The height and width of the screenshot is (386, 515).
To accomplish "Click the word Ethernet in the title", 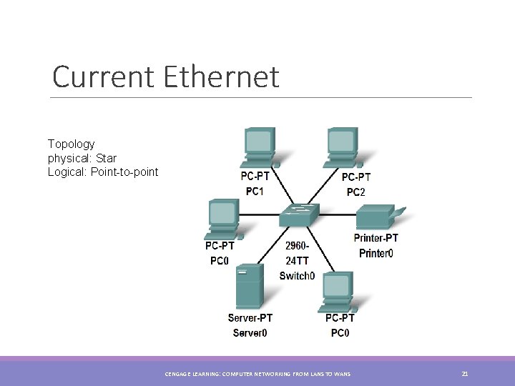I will (221, 77).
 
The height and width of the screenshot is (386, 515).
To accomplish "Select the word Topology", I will (71, 144).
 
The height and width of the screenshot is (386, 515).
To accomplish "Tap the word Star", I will (105, 158).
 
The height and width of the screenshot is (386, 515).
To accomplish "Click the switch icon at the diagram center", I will (299, 213).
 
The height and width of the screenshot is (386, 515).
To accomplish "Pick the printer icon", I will (379, 216).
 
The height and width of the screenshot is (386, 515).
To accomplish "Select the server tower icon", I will (250, 286).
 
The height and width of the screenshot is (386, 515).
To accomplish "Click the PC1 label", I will (255, 191).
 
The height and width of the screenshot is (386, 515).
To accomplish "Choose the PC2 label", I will (355, 192).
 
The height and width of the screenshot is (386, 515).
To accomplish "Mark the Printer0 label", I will (376, 252).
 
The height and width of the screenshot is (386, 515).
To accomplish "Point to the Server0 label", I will (250, 332).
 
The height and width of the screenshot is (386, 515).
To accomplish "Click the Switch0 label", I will (297, 275).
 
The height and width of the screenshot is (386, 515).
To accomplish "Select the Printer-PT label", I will (376, 238).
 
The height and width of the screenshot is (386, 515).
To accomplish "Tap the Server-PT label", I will (250, 318).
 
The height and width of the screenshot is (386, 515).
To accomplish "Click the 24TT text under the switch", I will (297, 261).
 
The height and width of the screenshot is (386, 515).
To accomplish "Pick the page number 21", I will (465, 373).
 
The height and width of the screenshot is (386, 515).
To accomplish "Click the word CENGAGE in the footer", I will (178, 374).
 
